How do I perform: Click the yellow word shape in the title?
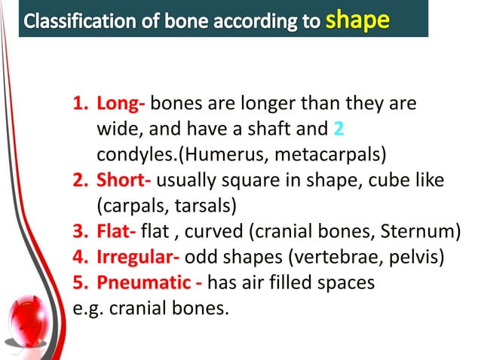click(357, 19)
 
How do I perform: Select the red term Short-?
click(124, 181)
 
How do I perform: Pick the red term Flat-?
click(117, 232)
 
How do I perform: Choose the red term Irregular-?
click(137, 258)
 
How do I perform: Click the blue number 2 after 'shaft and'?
click(339, 130)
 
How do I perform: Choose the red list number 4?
click(80, 258)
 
